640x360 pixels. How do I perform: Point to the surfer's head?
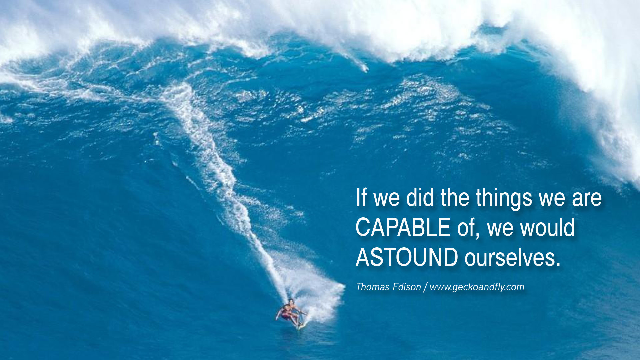291,302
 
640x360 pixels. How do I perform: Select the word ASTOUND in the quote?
407,257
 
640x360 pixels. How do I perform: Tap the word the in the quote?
455,197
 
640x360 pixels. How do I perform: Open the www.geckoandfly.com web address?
477,287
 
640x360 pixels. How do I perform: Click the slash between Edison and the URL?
425,287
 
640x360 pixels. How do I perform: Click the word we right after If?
386,199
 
